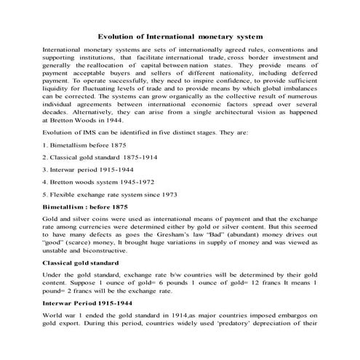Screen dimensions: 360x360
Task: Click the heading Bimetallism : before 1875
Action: tap(86, 207)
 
